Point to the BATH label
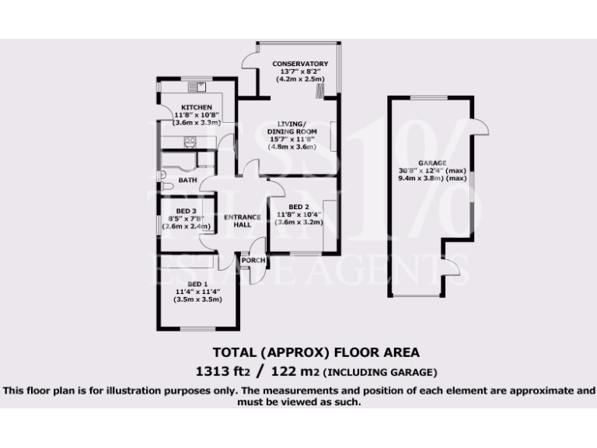click(187, 180)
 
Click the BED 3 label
click(186, 211)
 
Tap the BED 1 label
click(197, 284)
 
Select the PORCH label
click(254, 260)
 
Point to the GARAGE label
click(432, 163)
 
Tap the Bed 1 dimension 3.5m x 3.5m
click(197, 299)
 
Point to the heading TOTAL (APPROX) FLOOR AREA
click(316, 352)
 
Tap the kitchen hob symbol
click(189, 141)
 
